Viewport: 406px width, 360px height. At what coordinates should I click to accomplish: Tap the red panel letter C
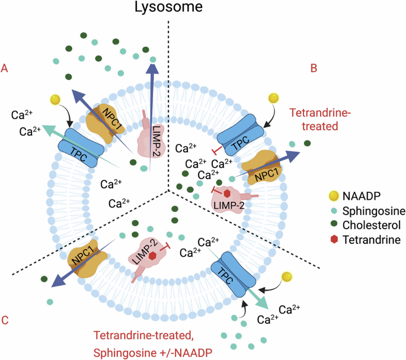click(5, 320)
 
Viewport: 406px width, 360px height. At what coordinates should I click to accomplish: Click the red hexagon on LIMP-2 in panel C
click(153, 255)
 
